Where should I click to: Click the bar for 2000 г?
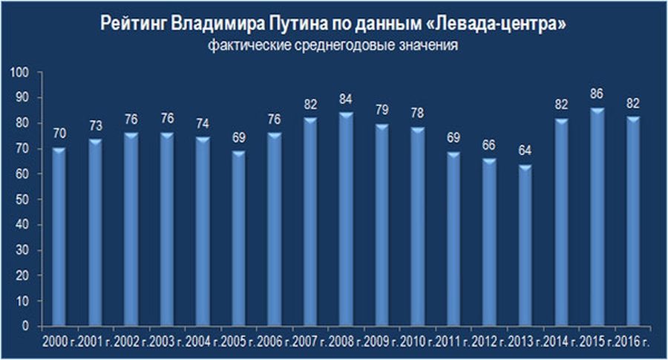pyautogui.click(x=59, y=238)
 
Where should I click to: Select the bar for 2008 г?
pyautogui.click(x=345, y=220)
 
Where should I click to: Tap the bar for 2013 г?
pyautogui.click(x=525, y=245)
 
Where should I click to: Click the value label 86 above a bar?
pyautogui.click(x=596, y=95)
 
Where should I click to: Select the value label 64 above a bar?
pyautogui.click(x=525, y=152)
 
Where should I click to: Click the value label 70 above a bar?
pyautogui.click(x=59, y=135)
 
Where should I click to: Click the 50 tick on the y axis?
pyautogui.click(x=22, y=200)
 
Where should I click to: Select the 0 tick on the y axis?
pyautogui.click(x=24, y=327)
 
